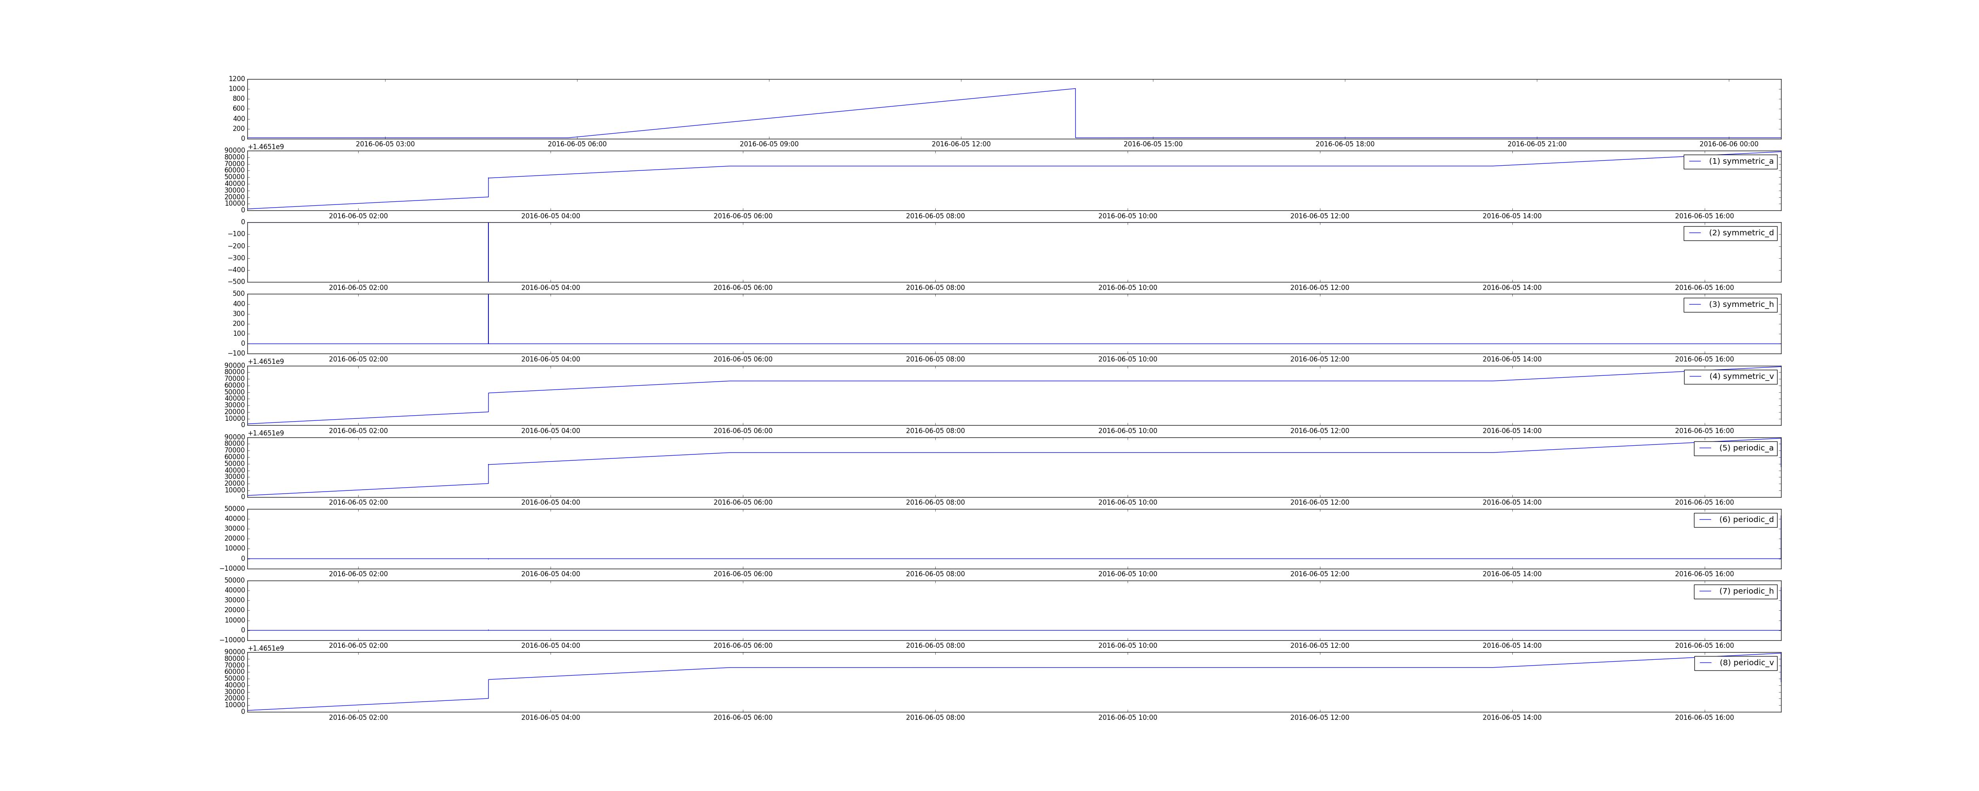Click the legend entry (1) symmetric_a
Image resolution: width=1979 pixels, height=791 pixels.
tap(1730, 161)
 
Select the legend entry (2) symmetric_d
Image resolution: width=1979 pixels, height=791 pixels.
tap(1730, 233)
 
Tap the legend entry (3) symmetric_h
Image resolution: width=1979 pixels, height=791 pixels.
tap(1730, 304)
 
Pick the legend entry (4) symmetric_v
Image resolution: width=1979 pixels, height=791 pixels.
tap(1730, 376)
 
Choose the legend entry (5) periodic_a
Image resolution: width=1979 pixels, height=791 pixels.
tap(1736, 448)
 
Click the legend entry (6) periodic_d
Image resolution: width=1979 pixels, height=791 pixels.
tap(1736, 519)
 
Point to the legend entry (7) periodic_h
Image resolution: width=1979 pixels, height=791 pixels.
tap(1736, 591)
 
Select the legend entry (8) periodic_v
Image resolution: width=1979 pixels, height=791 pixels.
tap(1736, 663)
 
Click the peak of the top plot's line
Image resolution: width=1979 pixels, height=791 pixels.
tap(1075, 89)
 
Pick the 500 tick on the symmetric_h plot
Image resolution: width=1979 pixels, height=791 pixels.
tap(237, 294)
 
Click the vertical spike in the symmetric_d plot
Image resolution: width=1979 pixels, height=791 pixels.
tap(488, 252)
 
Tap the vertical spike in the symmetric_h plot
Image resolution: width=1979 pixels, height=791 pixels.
tap(488, 319)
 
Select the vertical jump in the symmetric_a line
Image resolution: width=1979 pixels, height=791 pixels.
tap(488, 187)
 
